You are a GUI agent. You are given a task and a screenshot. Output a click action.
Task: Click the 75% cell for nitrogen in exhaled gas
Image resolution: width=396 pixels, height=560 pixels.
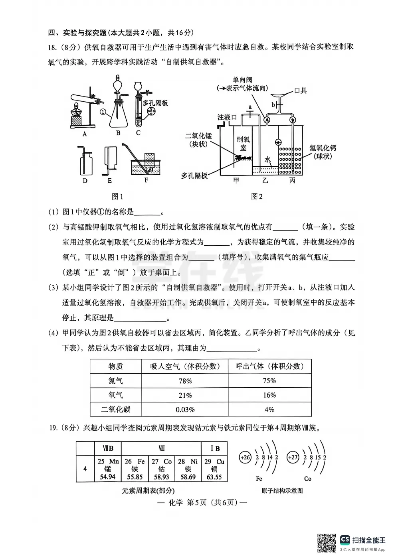(x=269, y=381)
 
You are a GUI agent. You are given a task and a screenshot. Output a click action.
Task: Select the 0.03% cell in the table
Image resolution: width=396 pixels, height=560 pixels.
(x=185, y=410)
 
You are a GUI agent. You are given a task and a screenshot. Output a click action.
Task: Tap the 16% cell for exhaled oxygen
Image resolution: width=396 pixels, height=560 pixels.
(x=269, y=395)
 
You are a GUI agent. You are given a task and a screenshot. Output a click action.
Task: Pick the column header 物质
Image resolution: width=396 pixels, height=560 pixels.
(x=116, y=366)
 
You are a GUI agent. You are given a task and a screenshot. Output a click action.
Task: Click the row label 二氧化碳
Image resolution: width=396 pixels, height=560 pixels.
(x=116, y=410)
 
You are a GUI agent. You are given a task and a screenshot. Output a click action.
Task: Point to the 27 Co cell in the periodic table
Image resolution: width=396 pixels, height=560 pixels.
(x=161, y=469)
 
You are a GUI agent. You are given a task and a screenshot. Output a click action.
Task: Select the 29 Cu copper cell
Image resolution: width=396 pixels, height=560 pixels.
(x=214, y=469)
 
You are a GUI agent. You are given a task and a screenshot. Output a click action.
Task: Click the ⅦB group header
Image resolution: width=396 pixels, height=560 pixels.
(x=108, y=448)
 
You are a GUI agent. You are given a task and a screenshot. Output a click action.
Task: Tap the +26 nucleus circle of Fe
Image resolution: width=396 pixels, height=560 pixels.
(x=245, y=457)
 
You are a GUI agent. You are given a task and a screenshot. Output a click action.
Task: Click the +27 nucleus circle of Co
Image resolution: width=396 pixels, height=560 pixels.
(x=293, y=457)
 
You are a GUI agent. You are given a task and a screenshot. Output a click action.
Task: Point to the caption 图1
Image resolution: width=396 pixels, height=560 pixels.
(x=117, y=196)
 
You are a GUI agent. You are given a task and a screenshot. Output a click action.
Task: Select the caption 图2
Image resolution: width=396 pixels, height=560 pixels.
(x=257, y=196)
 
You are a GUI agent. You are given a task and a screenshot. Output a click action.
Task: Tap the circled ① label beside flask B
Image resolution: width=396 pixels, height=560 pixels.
(x=103, y=112)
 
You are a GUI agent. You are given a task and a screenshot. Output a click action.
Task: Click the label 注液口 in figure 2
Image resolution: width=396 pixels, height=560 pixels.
(x=227, y=117)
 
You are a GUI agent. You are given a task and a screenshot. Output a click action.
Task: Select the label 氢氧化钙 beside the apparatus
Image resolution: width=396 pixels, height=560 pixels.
(x=323, y=148)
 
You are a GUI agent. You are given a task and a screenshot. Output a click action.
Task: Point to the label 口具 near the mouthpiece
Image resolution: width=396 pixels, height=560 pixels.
(x=300, y=91)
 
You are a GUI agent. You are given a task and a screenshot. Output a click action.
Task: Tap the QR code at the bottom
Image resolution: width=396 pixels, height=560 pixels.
(x=326, y=543)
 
